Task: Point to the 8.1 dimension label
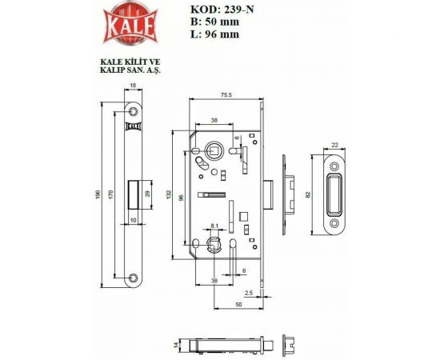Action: click(x=214, y=227)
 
